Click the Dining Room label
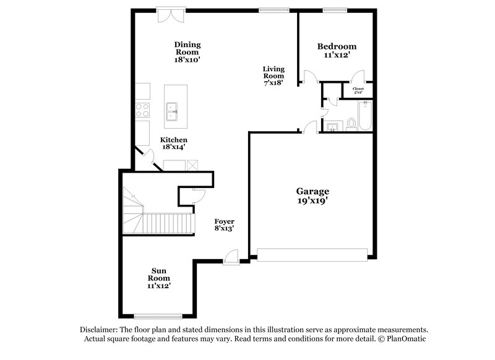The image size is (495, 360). click(187, 53)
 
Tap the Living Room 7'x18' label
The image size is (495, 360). click(273, 75)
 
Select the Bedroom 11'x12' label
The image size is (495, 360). click(337, 51)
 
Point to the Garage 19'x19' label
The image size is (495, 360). click(312, 195)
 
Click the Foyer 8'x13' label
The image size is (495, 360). click(224, 225)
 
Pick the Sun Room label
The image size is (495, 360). click(159, 278)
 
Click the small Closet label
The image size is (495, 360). click(358, 90)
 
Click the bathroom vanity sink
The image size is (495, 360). click(332, 127)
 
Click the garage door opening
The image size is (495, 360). click(312, 254)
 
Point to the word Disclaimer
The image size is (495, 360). click(99, 330)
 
